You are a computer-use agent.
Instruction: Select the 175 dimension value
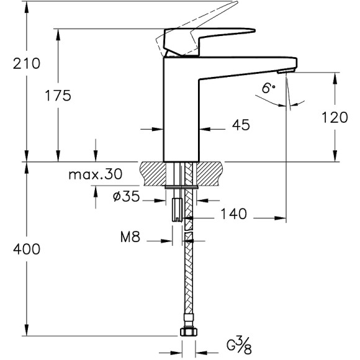(58, 96)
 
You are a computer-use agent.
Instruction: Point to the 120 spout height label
(335, 117)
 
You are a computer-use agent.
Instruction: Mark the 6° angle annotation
(268, 89)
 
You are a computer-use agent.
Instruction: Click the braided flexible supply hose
(187, 279)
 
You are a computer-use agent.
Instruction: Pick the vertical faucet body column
(181, 112)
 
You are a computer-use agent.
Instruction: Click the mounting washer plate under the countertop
(182, 184)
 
